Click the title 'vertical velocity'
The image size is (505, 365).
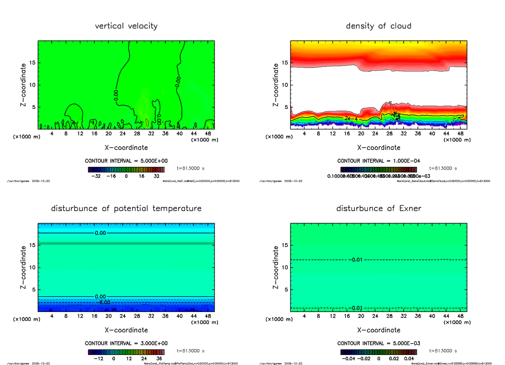coord(126,26)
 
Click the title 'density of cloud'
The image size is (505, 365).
coord(378,26)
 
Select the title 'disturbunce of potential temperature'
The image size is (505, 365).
coord(126,209)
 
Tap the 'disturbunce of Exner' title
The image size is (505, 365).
coord(378,209)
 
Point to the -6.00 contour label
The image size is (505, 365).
coord(102,302)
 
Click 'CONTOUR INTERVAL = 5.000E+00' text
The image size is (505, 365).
coord(126,161)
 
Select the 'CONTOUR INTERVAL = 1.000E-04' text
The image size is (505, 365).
coord(378,161)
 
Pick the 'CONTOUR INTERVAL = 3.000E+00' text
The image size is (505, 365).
coord(126,343)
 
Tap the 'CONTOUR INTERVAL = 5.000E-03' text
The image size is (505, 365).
coord(378,343)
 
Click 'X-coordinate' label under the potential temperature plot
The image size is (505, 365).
coord(126,330)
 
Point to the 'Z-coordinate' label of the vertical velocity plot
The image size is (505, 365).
coord(24,85)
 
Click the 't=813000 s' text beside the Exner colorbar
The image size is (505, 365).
coord(443,351)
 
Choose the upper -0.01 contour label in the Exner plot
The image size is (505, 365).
coord(357,260)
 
